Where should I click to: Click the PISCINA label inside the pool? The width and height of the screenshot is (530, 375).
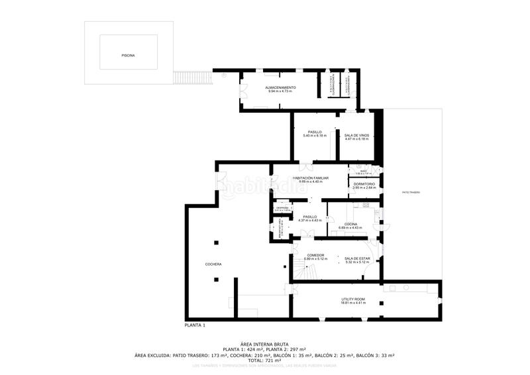point(128,56)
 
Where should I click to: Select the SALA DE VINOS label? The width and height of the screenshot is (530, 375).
point(356,135)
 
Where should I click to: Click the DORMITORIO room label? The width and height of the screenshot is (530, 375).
point(364,184)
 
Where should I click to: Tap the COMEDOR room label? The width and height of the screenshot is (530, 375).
point(315,254)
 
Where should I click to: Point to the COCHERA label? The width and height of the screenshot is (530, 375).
point(213,264)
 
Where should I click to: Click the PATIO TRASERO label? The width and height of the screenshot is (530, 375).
point(411,192)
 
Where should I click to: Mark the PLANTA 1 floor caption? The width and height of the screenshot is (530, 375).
point(195,325)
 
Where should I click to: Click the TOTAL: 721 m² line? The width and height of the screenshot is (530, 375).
point(264,360)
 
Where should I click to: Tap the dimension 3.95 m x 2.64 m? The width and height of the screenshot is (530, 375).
point(364,187)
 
